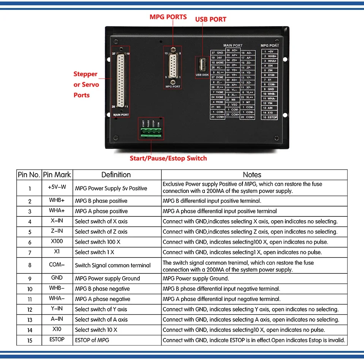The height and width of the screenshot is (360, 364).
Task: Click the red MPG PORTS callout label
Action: coord(168,17)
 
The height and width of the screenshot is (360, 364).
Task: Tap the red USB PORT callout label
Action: coord(210,19)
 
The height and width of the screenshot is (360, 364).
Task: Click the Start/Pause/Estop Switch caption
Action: coord(168,158)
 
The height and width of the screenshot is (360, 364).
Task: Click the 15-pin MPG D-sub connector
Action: coord(173,65)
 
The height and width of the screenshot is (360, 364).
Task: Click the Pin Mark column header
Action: coord(57,175)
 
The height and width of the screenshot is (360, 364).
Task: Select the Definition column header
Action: coord(116,175)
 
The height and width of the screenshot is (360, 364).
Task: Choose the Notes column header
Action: coord(252,175)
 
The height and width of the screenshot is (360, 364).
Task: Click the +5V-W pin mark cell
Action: coord(57,188)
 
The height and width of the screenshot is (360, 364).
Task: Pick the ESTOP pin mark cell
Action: coord(57,339)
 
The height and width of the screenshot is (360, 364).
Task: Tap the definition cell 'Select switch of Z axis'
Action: coord(101,232)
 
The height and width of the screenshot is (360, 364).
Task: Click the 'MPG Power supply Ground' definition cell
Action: coord(107,278)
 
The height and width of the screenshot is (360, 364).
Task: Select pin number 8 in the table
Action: coord(30,265)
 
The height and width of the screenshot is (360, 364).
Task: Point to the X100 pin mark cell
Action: coord(57,242)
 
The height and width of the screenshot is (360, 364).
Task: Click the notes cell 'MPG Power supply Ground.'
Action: coord(196,278)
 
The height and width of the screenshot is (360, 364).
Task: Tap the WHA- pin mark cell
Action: coord(57,299)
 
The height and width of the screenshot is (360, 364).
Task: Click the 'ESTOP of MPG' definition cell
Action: coord(92,340)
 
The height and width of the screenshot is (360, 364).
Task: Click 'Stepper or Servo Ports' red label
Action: coord(86,84)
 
